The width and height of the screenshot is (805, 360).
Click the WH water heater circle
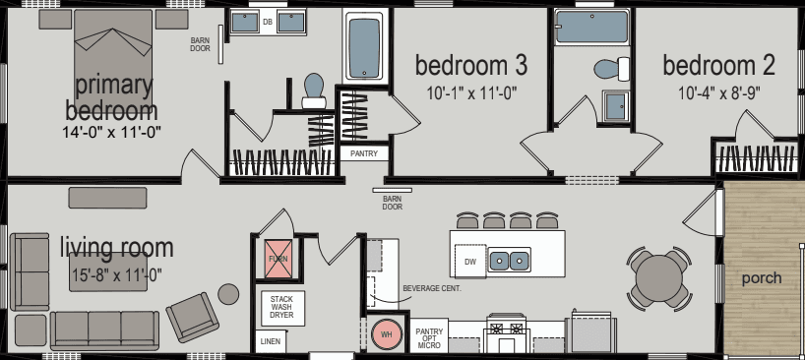pos(386,333)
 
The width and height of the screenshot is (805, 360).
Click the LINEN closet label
pos(270,342)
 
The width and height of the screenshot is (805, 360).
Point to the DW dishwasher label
pos(469,262)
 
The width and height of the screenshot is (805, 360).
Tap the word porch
pos(762,278)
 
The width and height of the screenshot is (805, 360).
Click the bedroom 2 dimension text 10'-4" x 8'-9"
pos(718,93)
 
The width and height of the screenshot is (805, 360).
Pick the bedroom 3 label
pos(471,67)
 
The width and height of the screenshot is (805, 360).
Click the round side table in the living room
pos(228,293)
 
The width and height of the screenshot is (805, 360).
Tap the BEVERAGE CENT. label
pos(432,288)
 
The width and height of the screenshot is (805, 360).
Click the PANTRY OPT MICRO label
pos(429,339)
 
